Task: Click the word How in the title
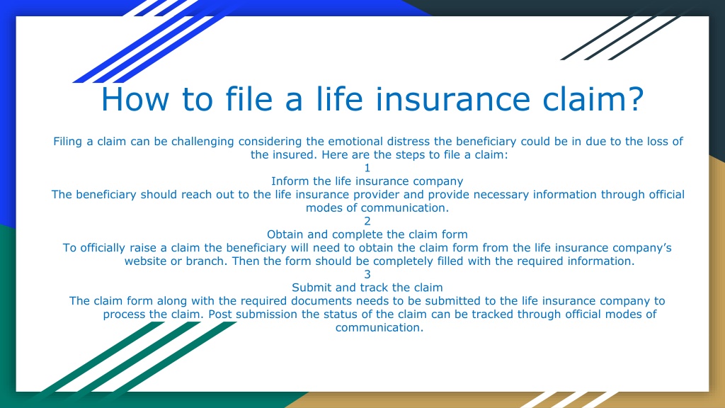coord(135,99)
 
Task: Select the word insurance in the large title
coord(452,99)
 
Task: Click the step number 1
coord(367,168)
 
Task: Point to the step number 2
coord(367,221)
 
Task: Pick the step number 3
coord(367,274)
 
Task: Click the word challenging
coord(202,142)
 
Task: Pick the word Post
coord(219,314)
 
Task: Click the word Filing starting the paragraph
coord(67,142)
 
